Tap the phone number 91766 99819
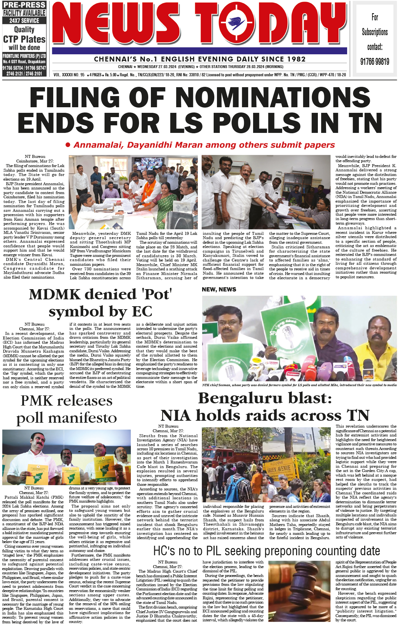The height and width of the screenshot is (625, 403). (x=374, y=62)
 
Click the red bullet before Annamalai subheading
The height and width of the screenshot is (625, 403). (x=68, y=145)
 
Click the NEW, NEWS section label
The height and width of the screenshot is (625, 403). (x=219, y=289)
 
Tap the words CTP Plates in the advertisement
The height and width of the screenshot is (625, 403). (x=24, y=39)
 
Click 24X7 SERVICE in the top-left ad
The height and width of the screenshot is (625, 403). (x=24, y=21)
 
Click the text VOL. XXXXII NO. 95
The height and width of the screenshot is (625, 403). (x=69, y=75)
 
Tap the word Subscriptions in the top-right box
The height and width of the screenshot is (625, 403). (x=374, y=32)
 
